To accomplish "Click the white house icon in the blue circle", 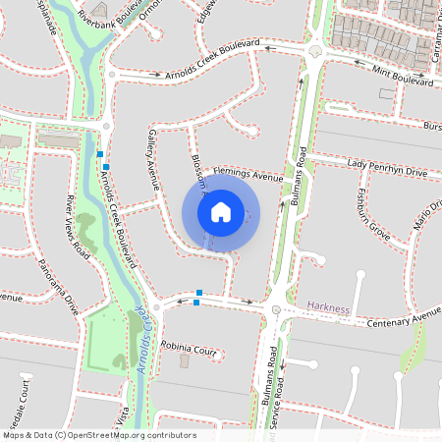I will pyautogui.click(x=221, y=212).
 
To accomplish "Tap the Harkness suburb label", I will pyautogui.click(x=328, y=307).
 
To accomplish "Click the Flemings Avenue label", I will pyautogui.click(x=248, y=176).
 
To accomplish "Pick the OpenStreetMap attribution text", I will pyautogui.click(x=99, y=434).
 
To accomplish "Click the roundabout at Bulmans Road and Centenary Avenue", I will pyautogui.click(x=277, y=311).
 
